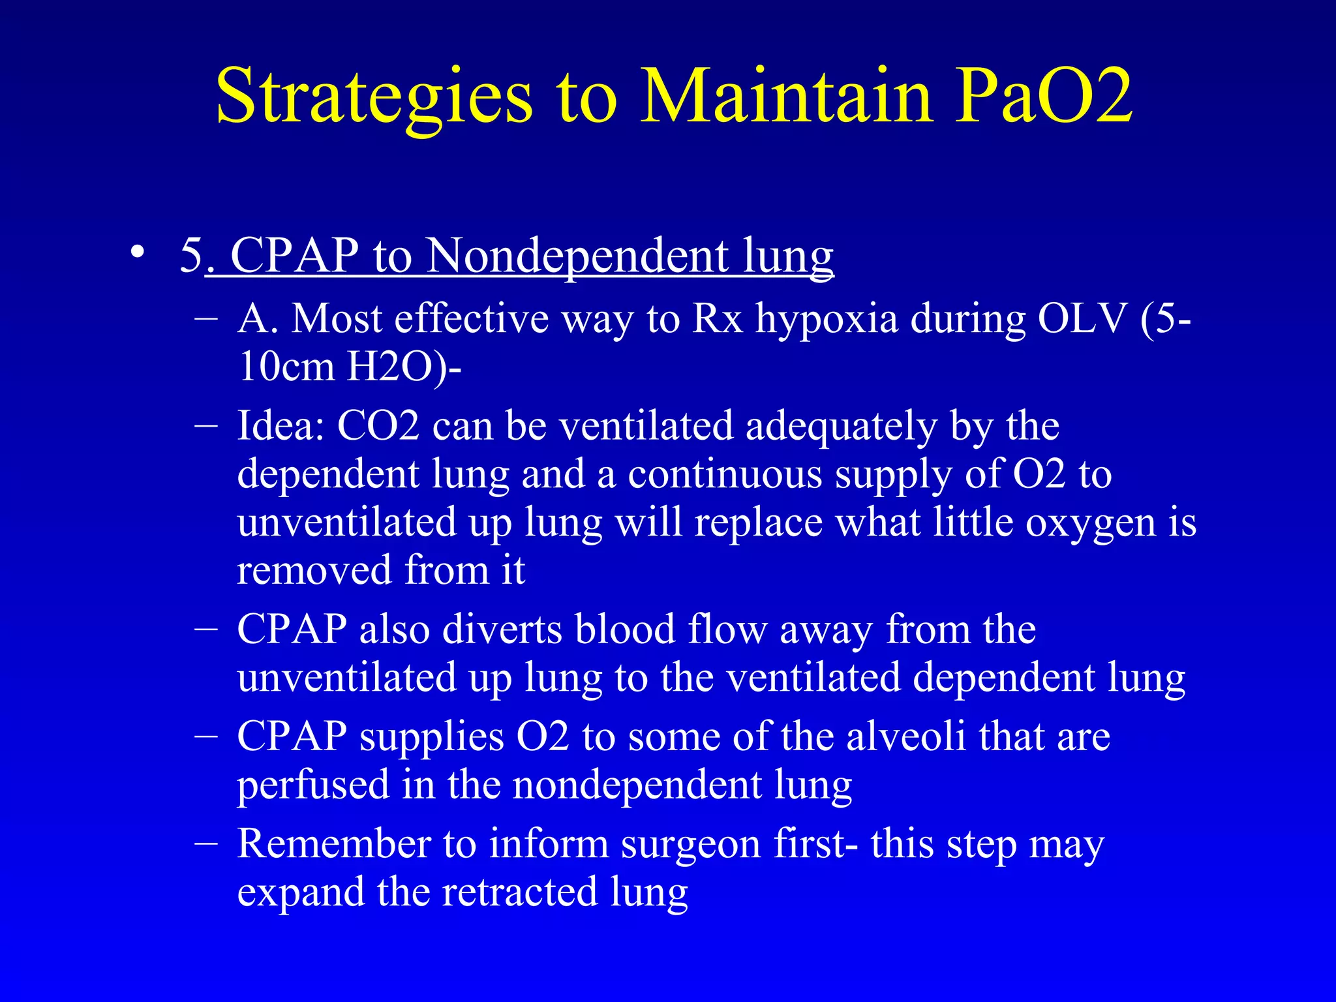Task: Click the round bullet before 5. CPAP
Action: pyautogui.click(x=136, y=252)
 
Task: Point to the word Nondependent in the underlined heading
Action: pyautogui.click(x=577, y=255)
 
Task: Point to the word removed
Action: pyautogui.click(x=313, y=570)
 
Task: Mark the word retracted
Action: pyautogui.click(x=519, y=892)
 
